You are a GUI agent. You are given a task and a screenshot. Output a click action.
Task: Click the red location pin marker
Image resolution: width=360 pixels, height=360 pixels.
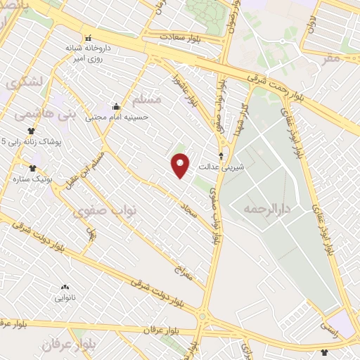click(x=181, y=166)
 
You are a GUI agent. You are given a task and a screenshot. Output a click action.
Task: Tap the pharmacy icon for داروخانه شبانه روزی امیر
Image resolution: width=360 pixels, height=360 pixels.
click(x=88, y=38)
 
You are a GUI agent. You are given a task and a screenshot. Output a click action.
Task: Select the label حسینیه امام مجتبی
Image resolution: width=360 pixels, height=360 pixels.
click(x=117, y=117)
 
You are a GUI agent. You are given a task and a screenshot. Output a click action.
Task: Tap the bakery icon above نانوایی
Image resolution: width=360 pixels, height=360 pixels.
click(x=65, y=287)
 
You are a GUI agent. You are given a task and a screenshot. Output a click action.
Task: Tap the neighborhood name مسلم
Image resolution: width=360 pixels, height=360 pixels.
click(x=147, y=99)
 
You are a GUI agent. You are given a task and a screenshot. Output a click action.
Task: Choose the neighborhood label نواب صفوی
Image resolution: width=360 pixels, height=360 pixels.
click(x=109, y=210)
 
